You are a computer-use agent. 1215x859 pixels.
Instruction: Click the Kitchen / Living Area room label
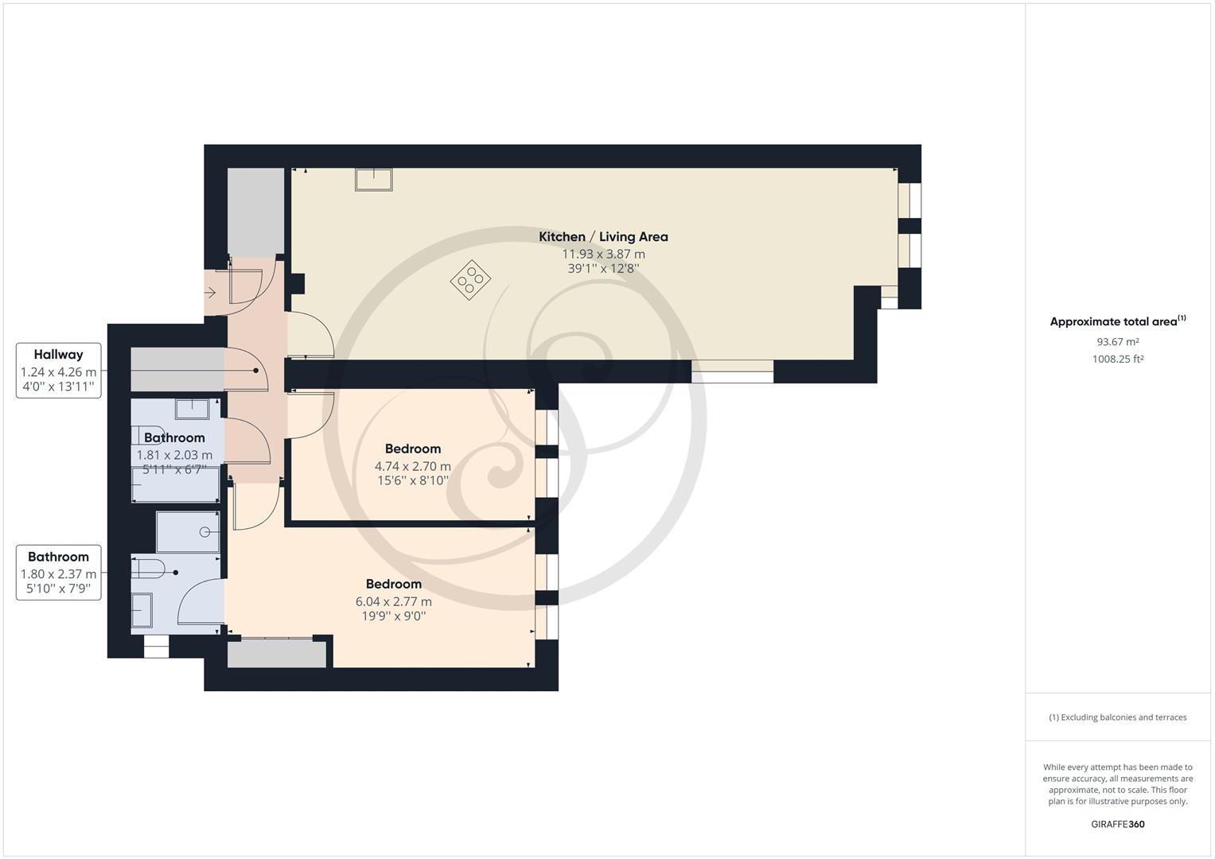coord(603,236)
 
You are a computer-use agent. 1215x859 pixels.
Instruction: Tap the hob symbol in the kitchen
coord(470,279)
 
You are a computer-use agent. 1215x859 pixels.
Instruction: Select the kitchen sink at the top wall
coord(373,179)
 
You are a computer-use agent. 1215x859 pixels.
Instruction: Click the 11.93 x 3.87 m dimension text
coord(603,254)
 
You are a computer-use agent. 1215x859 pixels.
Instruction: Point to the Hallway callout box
coord(59,371)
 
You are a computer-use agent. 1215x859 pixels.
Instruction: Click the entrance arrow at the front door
coord(211,293)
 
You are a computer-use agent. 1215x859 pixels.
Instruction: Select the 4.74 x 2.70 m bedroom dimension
coord(412,466)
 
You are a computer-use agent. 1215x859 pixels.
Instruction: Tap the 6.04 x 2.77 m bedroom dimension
coord(394,601)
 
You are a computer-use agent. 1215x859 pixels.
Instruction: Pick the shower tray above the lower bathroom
coord(188,532)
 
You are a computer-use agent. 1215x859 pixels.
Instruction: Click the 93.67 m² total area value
coord(1117,342)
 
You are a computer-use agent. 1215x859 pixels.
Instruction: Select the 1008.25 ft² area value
coord(1117,359)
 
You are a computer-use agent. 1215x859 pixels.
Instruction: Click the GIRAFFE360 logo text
coord(1117,824)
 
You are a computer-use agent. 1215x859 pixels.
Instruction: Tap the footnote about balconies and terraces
coord(1117,717)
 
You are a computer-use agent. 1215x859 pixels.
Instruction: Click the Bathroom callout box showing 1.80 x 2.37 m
coord(59,573)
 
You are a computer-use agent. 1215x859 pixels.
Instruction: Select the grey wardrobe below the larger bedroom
coord(277,654)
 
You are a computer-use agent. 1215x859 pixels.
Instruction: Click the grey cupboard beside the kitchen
coord(255,212)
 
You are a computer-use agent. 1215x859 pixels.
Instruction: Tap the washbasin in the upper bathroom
coord(192,409)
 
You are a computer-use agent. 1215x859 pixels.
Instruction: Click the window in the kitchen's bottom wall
coord(732,371)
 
